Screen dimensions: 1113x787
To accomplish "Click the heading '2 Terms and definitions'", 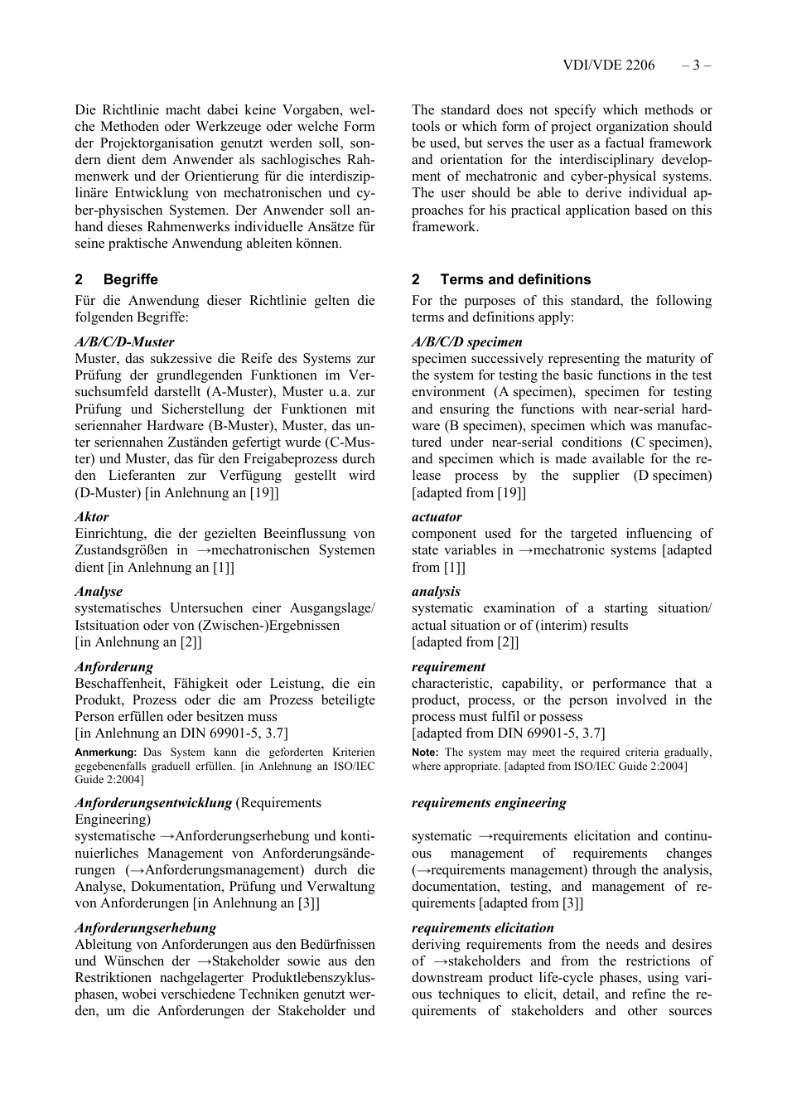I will pos(501,280).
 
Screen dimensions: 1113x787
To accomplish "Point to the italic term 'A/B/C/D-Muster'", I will pos(124,342).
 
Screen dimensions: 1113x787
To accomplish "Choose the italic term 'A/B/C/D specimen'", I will pos(466,342).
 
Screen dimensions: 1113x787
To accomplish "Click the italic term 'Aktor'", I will pos(92,517).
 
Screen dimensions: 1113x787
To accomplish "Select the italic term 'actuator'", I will pos(437,517).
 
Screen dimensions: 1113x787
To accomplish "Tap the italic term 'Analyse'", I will pos(99,592).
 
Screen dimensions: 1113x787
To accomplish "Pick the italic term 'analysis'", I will pos(436,592).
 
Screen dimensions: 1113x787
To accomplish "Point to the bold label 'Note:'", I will pos(426,752).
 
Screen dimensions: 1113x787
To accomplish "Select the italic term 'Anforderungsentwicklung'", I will pos(153,803).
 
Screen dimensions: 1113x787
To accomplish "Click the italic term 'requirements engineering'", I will pos(489,803).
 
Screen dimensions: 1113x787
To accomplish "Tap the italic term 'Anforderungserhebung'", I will pos(145,928).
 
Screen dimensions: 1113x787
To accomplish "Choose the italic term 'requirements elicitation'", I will pos(483,928).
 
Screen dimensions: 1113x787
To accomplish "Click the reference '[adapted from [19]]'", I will pos(469,493).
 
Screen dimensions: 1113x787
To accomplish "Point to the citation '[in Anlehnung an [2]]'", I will pos(138,642).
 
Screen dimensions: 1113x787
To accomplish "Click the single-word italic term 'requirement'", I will pos(448,667).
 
